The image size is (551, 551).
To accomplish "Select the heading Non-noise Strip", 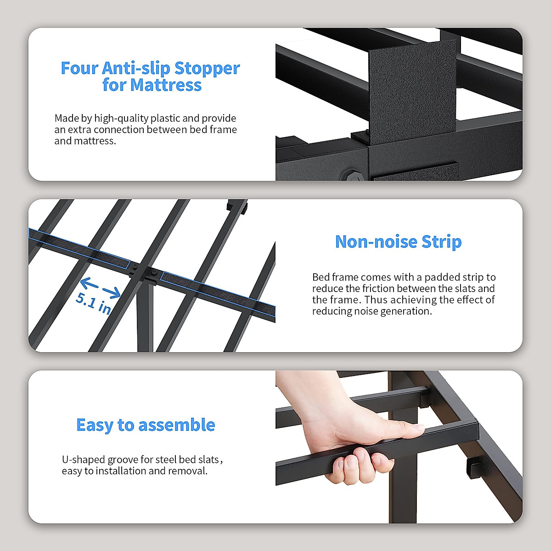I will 398,242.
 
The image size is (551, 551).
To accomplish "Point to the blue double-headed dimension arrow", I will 100,288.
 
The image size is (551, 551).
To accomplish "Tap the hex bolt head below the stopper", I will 350,175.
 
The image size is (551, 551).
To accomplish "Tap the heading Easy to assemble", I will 146,425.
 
